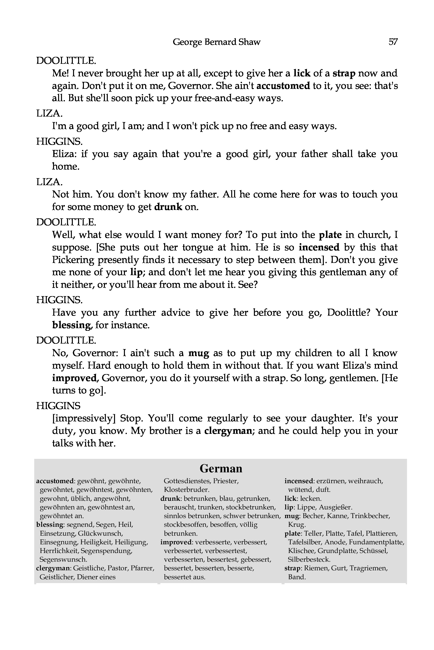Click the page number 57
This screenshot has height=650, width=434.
[x=393, y=42]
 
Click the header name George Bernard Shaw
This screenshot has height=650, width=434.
[x=217, y=42]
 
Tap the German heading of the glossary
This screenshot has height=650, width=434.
[x=221, y=468]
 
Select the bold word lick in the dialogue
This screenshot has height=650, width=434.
[x=302, y=73]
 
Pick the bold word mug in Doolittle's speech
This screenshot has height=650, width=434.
[x=199, y=353]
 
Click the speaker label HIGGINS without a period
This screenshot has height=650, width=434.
[x=58, y=406]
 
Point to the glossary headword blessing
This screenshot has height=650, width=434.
[x=50, y=525]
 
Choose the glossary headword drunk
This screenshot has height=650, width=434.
[x=170, y=499]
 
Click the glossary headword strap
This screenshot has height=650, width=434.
[x=292, y=568]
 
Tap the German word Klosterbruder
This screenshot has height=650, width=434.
[x=186, y=490]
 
